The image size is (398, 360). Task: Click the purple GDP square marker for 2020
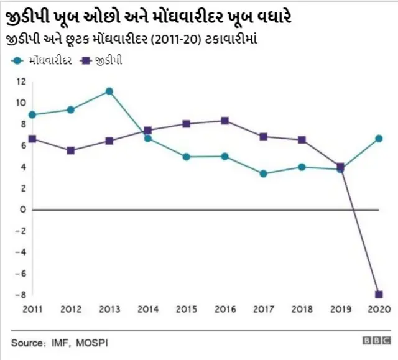pyautogui.click(x=379, y=295)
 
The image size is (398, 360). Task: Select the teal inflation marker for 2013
pyautogui.click(x=109, y=91)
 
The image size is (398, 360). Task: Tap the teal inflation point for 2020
pyautogui.click(x=379, y=138)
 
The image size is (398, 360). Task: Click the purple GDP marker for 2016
pyautogui.click(x=224, y=121)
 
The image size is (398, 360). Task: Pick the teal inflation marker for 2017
pyautogui.click(x=263, y=173)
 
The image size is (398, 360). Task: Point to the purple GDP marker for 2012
pyautogui.click(x=70, y=150)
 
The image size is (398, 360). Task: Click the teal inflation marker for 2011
pyautogui.click(x=32, y=114)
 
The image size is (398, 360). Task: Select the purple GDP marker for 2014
pyautogui.click(x=147, y=131)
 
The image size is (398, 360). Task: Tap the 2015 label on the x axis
pyautogui.click(x=186, y=309)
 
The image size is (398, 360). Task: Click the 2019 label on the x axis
pyautogui.click(x=340, y=309)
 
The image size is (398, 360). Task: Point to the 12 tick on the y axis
pyautogui.click(x=21, y=81)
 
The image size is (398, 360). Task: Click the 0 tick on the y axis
pyautogui.click(x=22, y=210)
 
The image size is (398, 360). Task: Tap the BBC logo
pyautogui.click(x=376, y=341)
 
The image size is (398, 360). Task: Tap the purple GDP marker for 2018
pyautogui.click(x=302, y=140)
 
